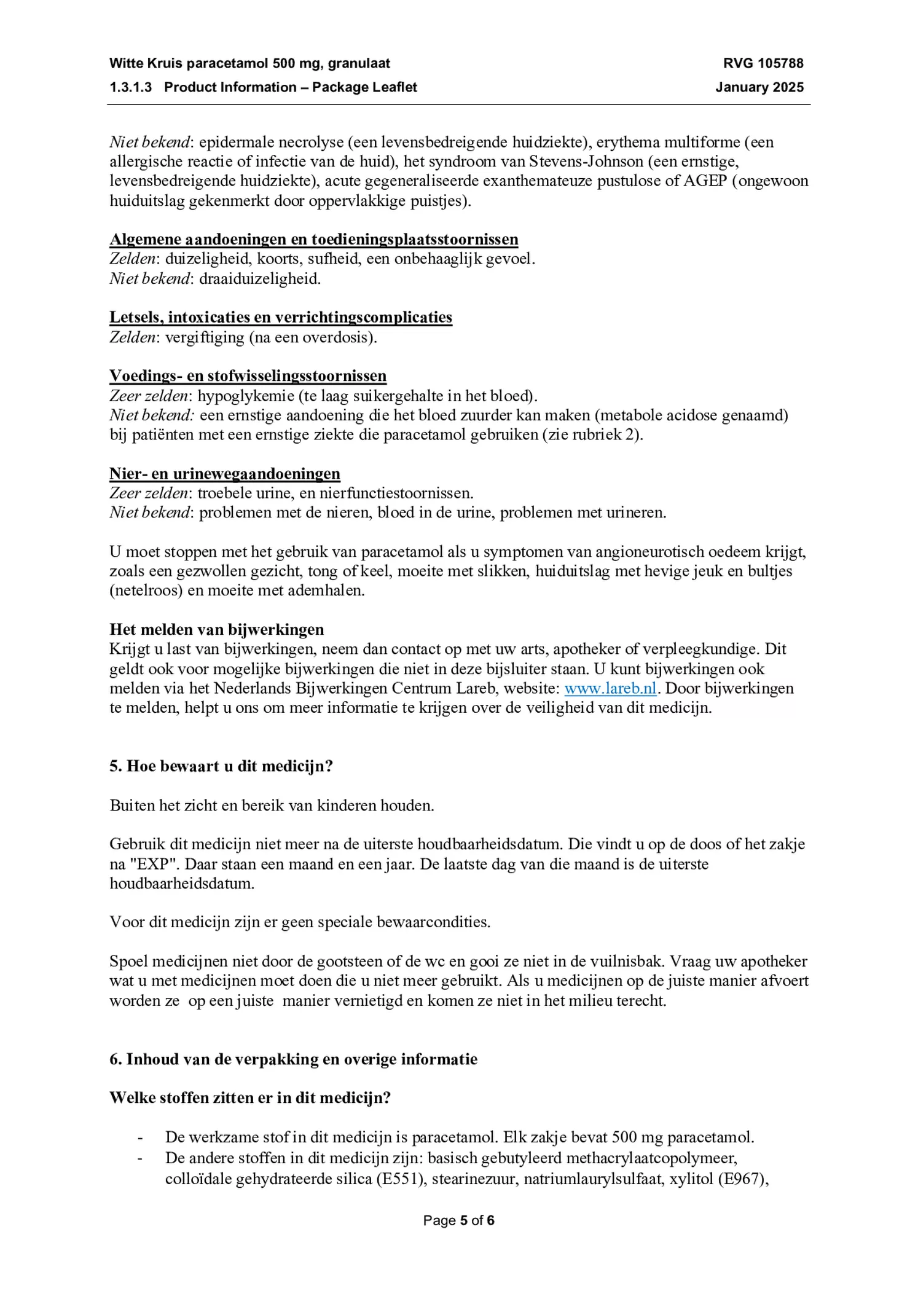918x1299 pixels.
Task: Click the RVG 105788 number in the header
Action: (763, 63)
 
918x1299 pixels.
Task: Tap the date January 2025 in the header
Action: (759, 87)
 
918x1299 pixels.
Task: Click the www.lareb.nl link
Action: (610, 688)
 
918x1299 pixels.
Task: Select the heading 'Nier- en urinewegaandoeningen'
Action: (225, 474)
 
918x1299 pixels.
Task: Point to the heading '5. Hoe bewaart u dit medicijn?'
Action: (221, 766)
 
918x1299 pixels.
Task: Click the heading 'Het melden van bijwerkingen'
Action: (217, 629)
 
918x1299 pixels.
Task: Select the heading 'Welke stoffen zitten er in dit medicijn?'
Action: (250, 1097)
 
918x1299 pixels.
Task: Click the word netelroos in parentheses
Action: (147, 591)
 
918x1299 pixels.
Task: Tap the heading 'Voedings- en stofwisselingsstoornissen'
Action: (248, 376)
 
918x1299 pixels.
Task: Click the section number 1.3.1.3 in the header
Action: (131, 87)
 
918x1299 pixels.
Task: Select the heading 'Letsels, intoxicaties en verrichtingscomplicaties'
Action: (281, 318)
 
